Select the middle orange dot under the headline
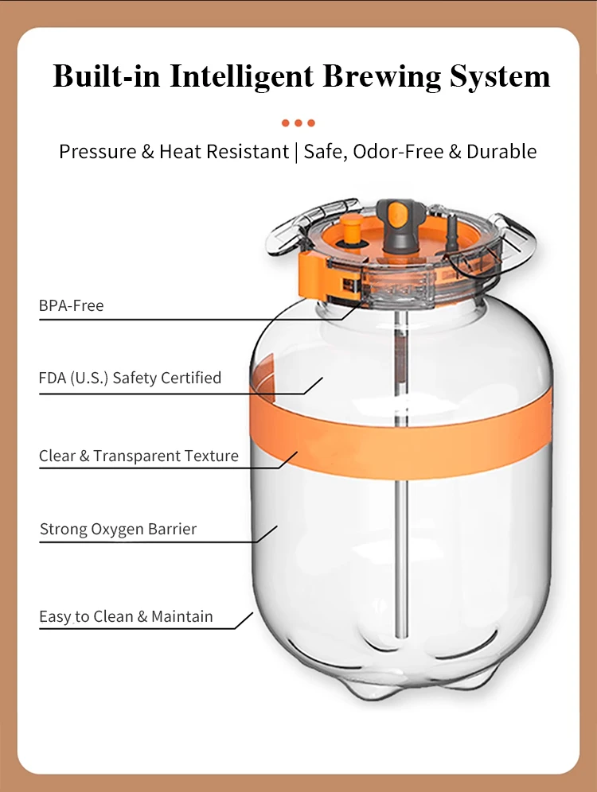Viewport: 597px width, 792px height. point(298,123)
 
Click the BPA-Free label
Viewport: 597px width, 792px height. point(71,305)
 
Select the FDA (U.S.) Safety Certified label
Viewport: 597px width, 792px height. point(130,378)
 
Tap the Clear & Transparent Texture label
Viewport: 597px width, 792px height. point(139,456)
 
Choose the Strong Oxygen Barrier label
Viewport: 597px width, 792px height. point(118,529)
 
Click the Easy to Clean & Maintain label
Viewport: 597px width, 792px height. point(126,616)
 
